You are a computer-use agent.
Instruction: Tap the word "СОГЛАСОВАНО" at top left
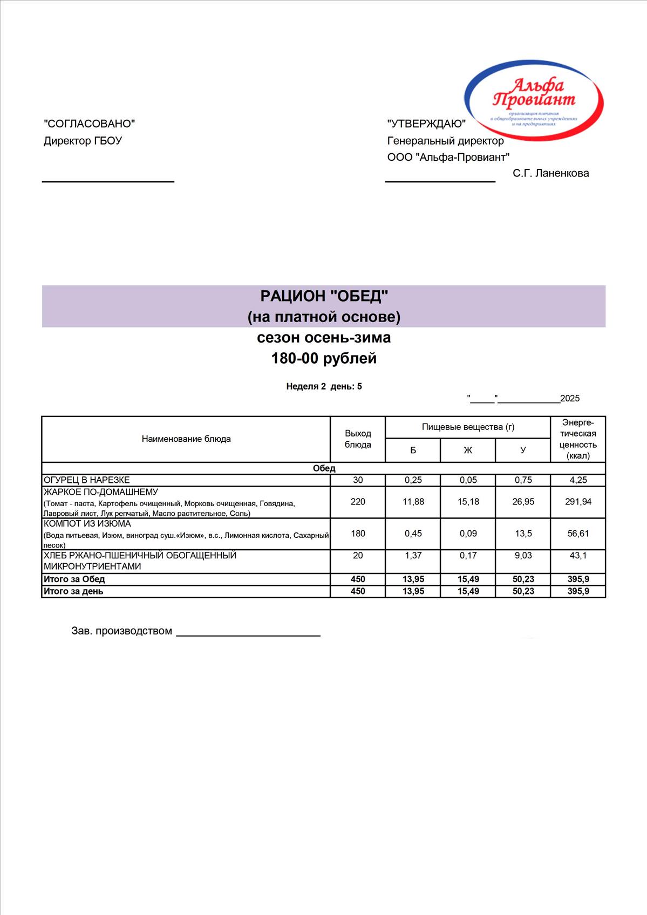(89, 124)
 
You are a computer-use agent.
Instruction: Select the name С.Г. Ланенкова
(550, 173)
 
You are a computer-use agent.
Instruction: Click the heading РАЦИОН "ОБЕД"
(324, 296)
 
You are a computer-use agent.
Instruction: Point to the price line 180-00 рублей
(324, 358)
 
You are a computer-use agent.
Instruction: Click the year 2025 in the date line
(570, 399)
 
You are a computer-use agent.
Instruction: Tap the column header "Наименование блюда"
(186, 439)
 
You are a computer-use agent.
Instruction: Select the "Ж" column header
(468, 450)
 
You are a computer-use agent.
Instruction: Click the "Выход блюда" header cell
(358, 439)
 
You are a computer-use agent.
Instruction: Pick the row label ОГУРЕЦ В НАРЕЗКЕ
(87, 480)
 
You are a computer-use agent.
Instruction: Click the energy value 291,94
(578, 502)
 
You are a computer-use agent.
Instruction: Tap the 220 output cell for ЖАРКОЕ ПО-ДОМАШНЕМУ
(358, 502)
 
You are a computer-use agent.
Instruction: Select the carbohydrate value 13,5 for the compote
(523, 534)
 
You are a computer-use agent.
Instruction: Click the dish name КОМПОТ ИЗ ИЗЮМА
(87, 524)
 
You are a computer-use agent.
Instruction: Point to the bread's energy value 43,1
(578, 556)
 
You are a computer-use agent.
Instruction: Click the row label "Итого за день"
(73, 591)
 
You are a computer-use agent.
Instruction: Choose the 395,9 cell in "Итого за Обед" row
(578, 579)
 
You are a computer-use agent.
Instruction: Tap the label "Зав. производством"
(122, 631)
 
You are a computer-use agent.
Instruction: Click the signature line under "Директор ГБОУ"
(108, 181)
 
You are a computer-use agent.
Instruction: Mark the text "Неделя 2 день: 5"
(324, 386)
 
